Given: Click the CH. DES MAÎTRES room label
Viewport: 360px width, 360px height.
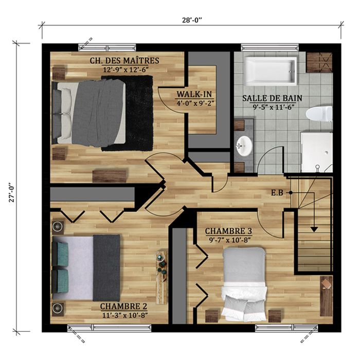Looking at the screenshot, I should pos(124,61).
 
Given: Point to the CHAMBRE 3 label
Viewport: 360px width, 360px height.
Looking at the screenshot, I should pos(228,231).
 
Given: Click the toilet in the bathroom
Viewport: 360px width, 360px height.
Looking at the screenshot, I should pos(319,114).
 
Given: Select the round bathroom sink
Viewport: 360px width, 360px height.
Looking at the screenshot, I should pos(244,146).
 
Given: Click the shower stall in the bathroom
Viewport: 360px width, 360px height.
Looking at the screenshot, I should pos(316,152).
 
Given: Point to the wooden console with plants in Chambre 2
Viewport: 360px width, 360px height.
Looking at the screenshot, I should pos(161,277).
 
